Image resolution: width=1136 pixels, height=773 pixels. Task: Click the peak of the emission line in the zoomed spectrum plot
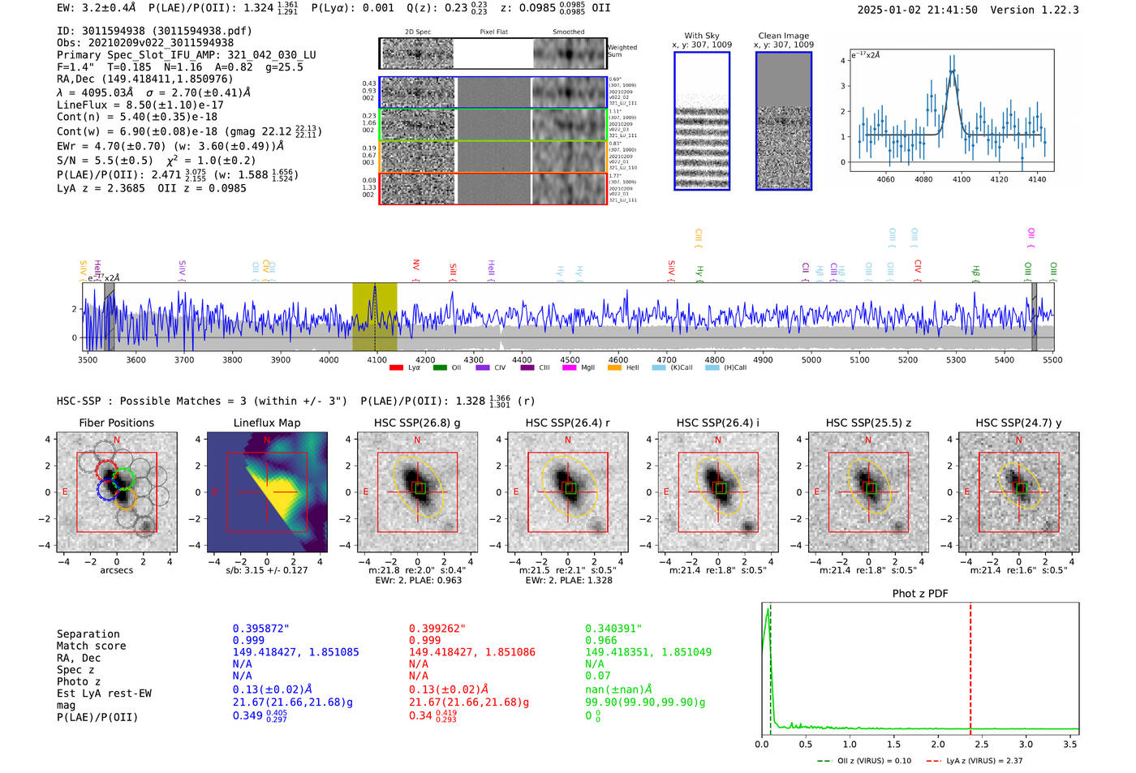pyautogui.click(x=953, y=71)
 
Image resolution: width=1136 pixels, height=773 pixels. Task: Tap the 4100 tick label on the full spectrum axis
pyautogui.click(x=377, y=360)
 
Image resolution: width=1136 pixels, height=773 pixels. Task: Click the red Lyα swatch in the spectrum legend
pyautogui.click(x=396, y=368)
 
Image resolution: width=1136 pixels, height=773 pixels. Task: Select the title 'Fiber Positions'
pyautogui.click(x=116, y=423)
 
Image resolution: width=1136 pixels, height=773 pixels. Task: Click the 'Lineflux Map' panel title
pyautogui.click(x=267, y=423)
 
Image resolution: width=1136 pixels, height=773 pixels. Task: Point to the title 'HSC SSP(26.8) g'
pyautogui.click(x=417, y=423)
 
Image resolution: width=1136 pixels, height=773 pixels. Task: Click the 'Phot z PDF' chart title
pyautogui.click(x=920, y=594)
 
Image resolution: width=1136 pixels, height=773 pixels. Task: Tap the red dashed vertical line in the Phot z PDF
pyautogui.click(x=970, y=665)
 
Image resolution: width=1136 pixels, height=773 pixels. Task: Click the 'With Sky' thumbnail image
pyautogui.click(x=702, y=121)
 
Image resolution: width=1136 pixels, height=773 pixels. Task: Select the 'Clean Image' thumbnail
pyautogui.click(x=784, y=121)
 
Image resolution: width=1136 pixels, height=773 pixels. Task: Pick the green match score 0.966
pyautogui.click(x=600, y=641)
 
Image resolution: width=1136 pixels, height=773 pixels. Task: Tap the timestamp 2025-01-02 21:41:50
pyautogui.click(x=917, y=11)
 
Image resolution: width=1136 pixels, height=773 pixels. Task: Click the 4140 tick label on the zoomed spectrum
pyautogui.click(x=1037, y=179)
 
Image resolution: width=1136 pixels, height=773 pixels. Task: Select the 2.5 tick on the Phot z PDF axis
pyautogui.click(x=982, y=744)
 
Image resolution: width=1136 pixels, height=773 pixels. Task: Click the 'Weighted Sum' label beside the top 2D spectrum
pyautogui.click(x=622, y=51)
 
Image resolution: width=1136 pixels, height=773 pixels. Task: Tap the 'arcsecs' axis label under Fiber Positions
pyautogui.click(x=116, y=570)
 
